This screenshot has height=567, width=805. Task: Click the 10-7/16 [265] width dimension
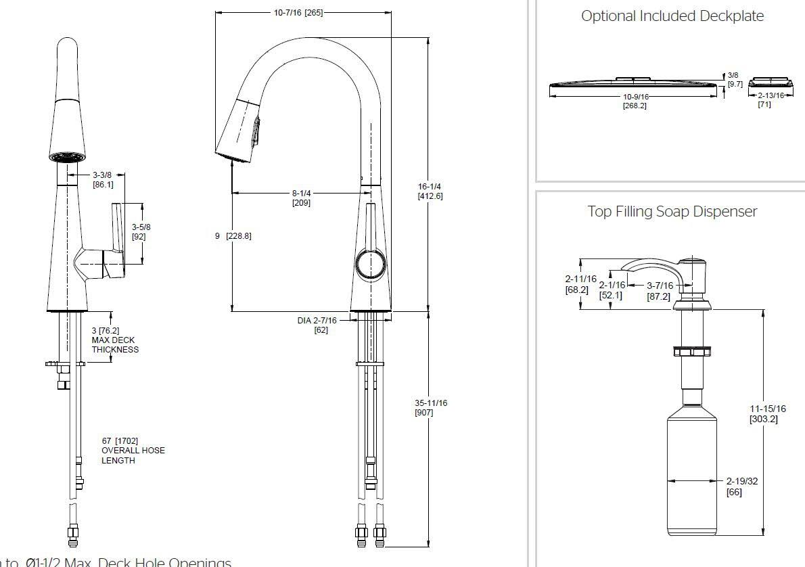298,13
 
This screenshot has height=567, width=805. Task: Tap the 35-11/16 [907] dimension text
431,407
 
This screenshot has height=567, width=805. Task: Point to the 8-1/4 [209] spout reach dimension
301,198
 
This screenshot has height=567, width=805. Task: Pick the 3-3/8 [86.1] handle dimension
103,179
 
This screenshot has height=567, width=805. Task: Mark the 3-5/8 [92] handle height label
141,231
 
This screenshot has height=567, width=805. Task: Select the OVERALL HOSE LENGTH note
133,451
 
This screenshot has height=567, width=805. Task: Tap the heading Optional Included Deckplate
672,16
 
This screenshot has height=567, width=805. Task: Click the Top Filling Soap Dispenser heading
672,212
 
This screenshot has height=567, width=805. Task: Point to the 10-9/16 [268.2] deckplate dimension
635,101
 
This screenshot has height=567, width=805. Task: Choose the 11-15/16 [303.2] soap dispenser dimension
767,413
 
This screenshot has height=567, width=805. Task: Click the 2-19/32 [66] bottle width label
741,486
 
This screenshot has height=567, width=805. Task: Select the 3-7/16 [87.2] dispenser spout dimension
659,291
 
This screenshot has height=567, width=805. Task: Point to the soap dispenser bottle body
693,474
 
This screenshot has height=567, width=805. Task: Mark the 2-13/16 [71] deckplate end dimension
770,100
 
